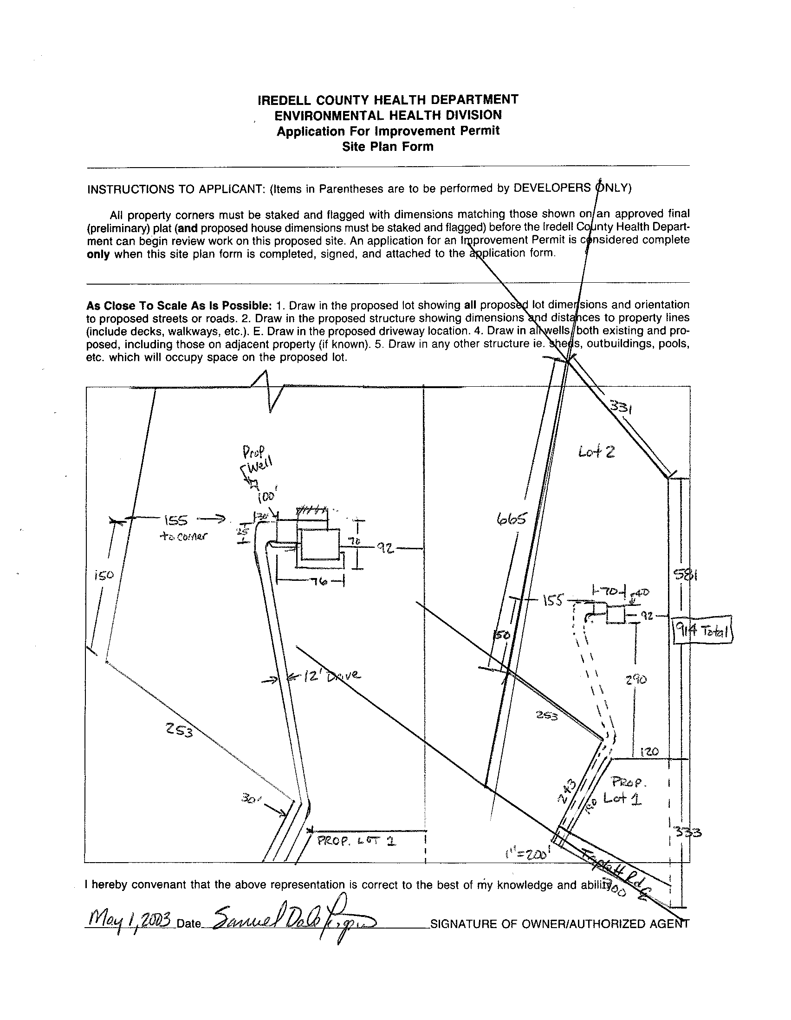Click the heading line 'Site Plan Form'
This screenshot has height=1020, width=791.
388,147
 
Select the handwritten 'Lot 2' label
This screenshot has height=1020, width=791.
596,452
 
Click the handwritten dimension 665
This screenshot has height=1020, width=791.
512,519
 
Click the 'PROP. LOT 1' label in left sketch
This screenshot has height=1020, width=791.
357,841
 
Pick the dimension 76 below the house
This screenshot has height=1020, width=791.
311,582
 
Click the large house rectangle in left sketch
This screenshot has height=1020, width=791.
320,545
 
